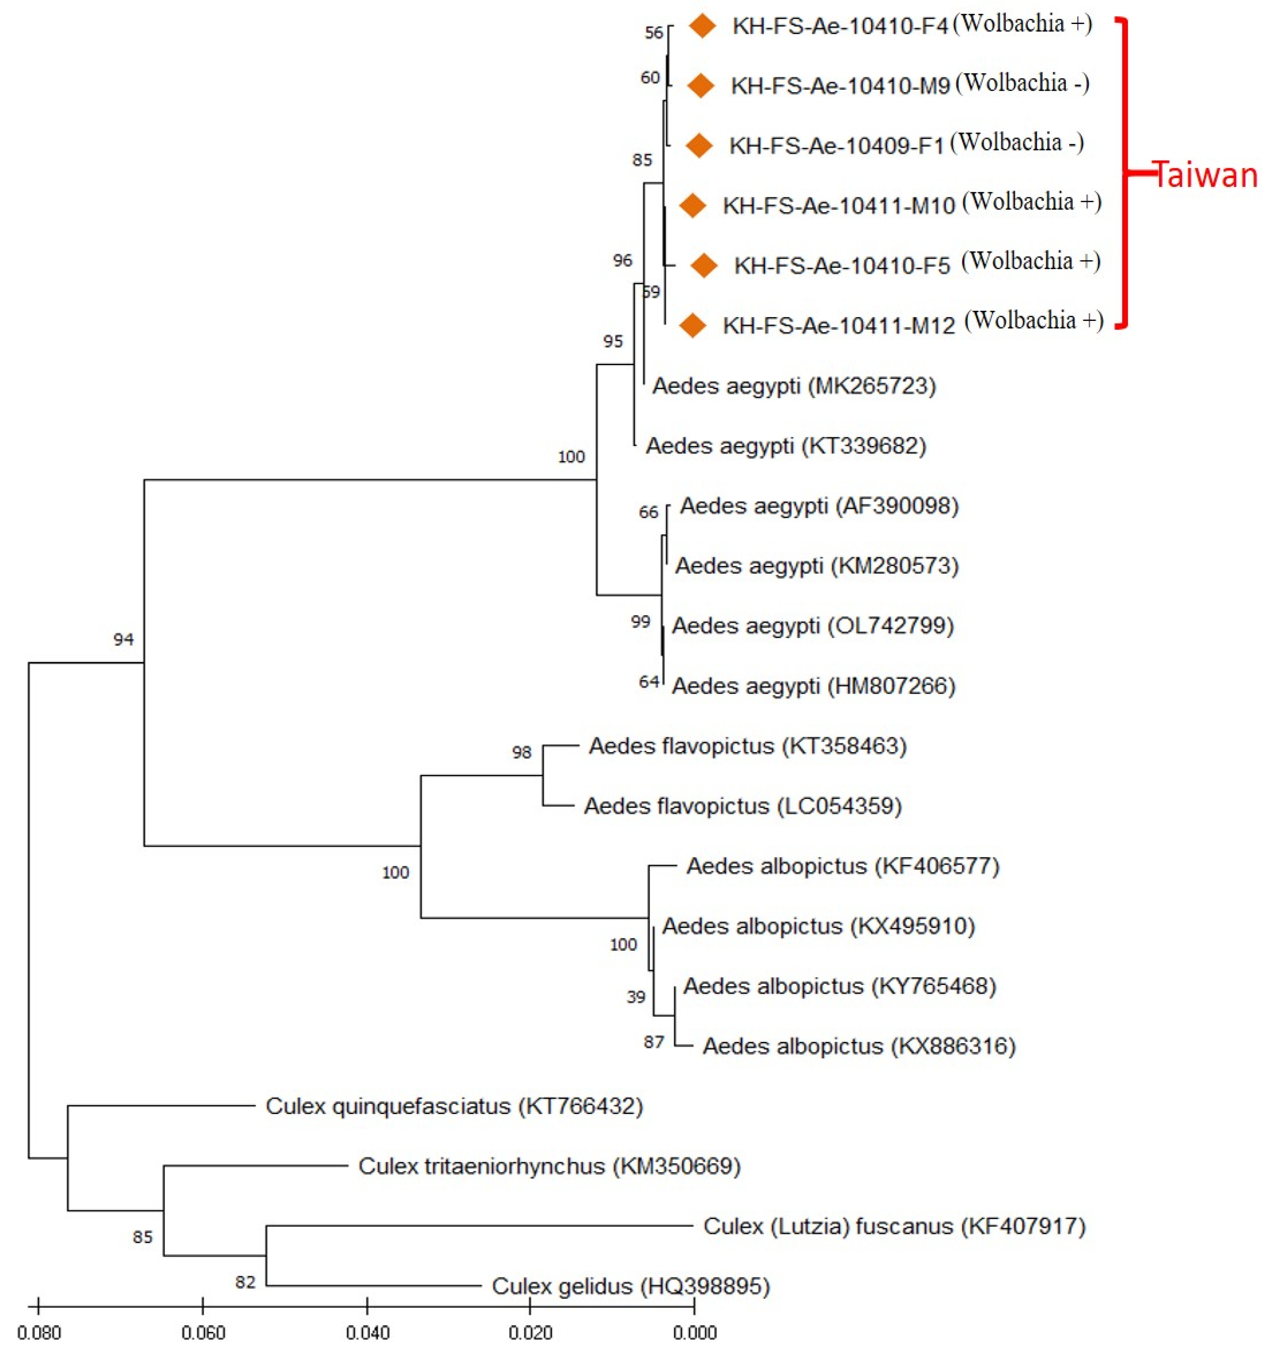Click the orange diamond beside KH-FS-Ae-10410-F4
(702, 26)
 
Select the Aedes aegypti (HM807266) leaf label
(813, 686)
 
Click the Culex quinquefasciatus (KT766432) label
(454, 1106)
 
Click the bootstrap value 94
(123, 639)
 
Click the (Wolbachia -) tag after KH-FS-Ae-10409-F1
(1016, 142)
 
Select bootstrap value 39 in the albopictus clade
(635, 997)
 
